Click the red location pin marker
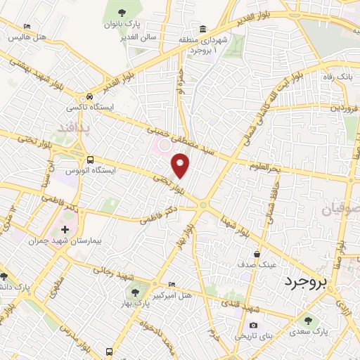181,166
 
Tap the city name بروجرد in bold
307,283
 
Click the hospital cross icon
65,229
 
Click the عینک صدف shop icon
257,254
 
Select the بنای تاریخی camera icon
253,326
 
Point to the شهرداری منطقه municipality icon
202,29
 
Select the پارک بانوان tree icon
123,12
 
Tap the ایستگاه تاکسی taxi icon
89,97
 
